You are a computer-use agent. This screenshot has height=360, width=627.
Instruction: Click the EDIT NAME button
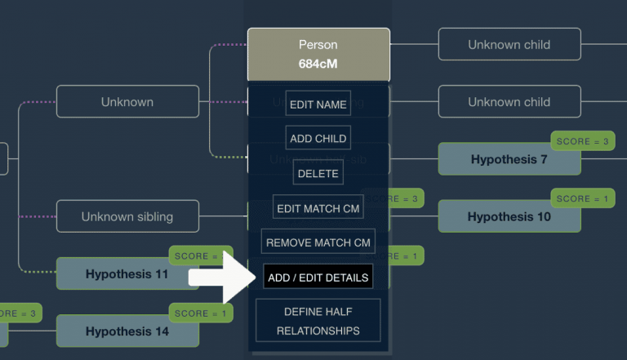click(318, 104)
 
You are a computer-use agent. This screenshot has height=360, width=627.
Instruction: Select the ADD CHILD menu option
click(318, 138)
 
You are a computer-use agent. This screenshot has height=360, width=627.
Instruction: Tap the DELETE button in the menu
click(318, 173)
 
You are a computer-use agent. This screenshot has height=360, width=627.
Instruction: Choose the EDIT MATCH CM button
click(318, 208)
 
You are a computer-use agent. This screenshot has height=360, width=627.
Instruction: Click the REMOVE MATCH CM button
click(318, 242)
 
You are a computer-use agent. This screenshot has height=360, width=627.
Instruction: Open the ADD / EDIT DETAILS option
click(318, 278)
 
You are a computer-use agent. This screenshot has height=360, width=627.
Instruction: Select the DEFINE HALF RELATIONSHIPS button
click(318, 321)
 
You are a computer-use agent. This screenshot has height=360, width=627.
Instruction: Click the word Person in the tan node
click(318, 45)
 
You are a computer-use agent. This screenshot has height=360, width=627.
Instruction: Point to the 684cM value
click(318, 62)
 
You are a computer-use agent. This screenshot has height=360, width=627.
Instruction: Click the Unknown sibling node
click(127, 217)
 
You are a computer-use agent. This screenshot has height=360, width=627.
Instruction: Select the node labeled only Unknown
click(127, 102)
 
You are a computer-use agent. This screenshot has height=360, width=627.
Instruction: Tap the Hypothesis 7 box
click(509, 160)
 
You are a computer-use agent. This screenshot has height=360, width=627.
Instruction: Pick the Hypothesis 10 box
click(509, 217)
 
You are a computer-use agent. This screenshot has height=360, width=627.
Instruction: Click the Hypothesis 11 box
click(127, 274)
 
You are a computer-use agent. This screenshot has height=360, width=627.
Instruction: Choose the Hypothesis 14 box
click(127, 331)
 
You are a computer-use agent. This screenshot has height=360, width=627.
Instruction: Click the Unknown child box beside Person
click(509, 45)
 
